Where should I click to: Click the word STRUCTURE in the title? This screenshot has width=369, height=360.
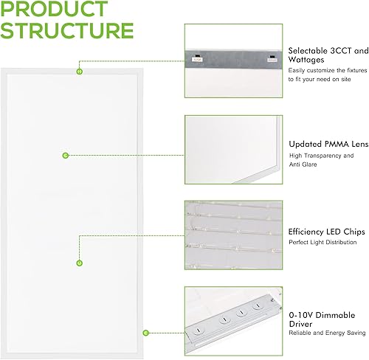(x=68, y=31)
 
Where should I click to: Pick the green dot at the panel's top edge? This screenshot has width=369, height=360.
(x=79, y=72)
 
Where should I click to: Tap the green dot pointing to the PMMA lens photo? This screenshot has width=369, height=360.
(x=66, y=156)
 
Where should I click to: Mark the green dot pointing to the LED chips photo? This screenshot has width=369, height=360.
(x=79, y=263)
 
